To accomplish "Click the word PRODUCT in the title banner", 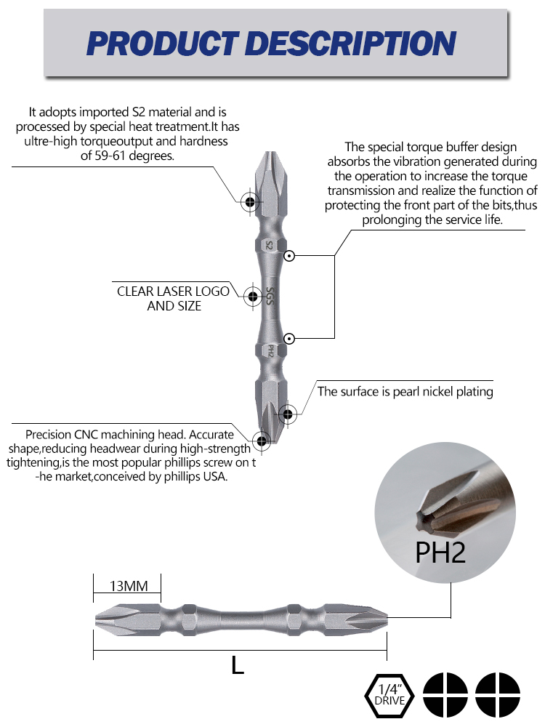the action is (x=163, y=43).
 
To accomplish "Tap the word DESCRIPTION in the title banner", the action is (x=352, y=43).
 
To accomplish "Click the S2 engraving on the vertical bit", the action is (x=270, y=245).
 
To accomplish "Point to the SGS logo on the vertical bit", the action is (x=270, y=297).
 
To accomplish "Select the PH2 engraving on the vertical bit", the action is (x=271, y=351).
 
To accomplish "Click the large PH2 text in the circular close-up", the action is (x=440, y=553).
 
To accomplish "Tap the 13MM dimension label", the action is (x=129, y=586).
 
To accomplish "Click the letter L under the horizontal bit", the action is (x=238, y=666).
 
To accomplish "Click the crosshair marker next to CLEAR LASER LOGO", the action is (x=253, y=296).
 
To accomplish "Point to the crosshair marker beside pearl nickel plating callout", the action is (x=287, y=414).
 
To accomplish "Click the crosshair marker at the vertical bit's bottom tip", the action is (x=262, y=441).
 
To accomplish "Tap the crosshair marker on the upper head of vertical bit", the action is (x=250, y=201).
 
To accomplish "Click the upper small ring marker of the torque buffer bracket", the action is (x=289, y=255).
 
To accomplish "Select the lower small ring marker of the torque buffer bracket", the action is (x=289, y=339).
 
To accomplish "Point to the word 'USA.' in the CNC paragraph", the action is (x=216, y=476).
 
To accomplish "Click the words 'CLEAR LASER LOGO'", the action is (x=173, y=292).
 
